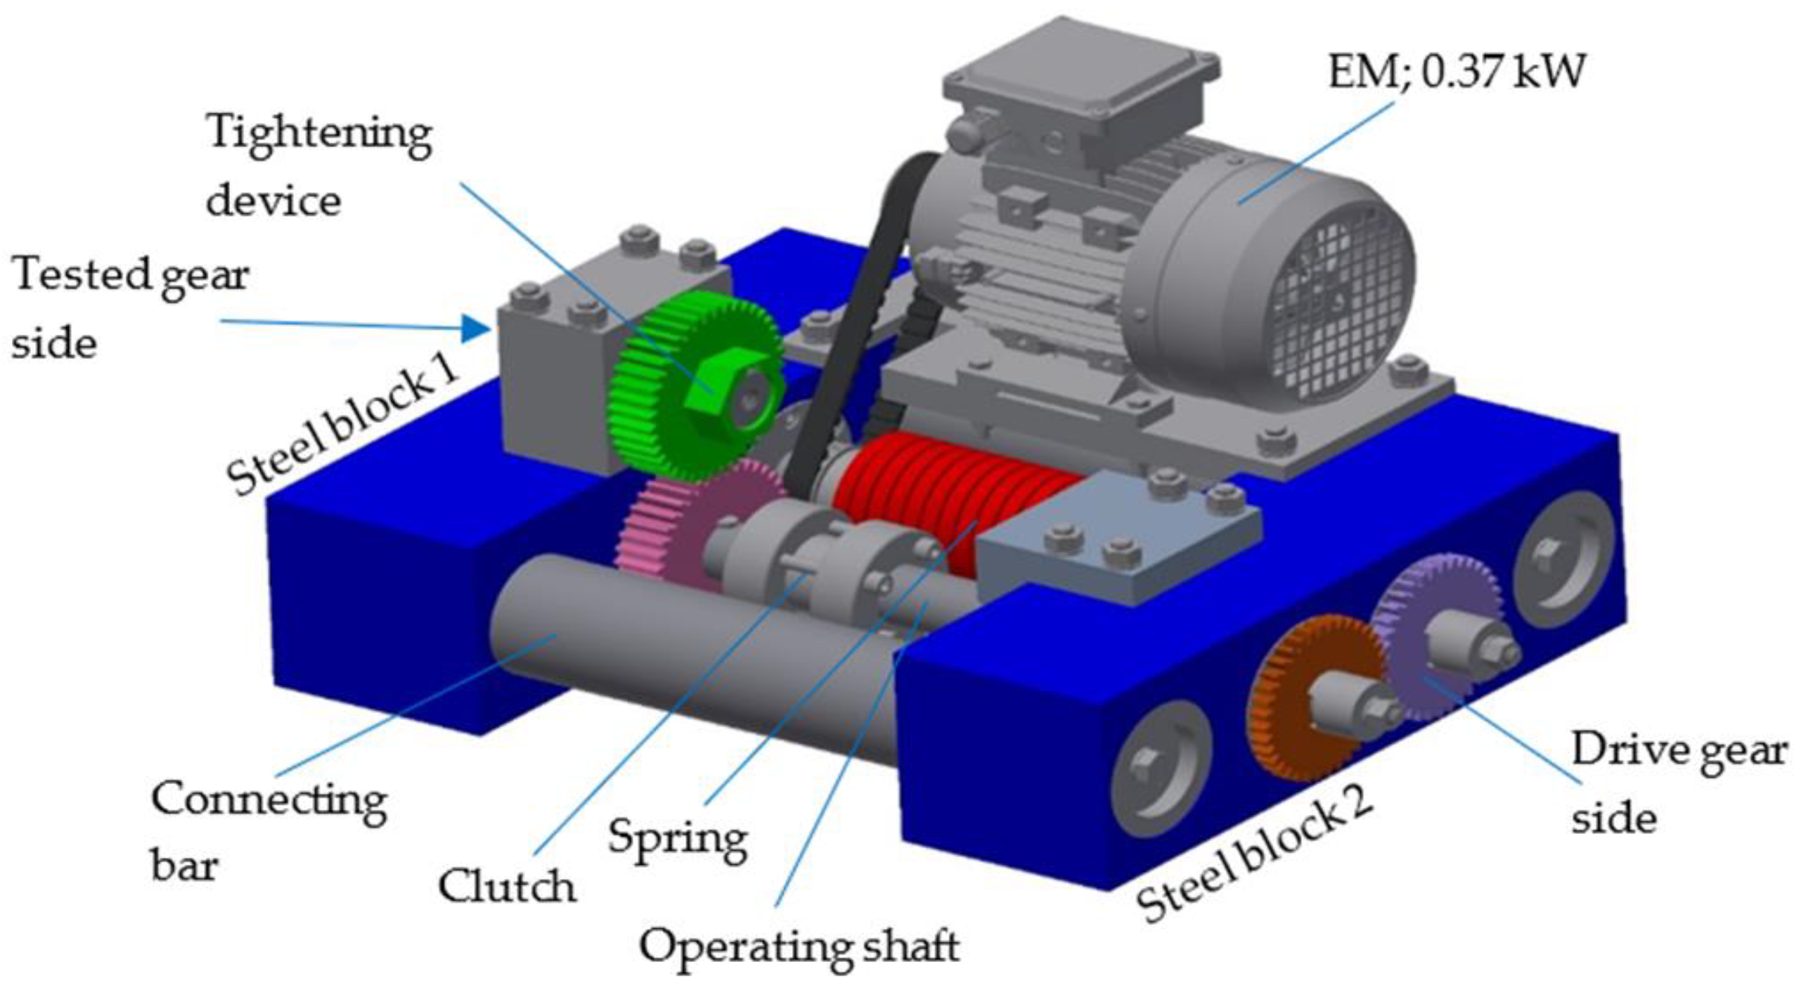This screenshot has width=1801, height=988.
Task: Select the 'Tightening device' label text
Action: tap(316, 167)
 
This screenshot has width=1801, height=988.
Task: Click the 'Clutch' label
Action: tap(506, 886)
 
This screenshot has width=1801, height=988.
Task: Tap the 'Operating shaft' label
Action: tap(799, 946)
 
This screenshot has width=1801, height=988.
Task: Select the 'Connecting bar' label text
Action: tap(267, 830)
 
